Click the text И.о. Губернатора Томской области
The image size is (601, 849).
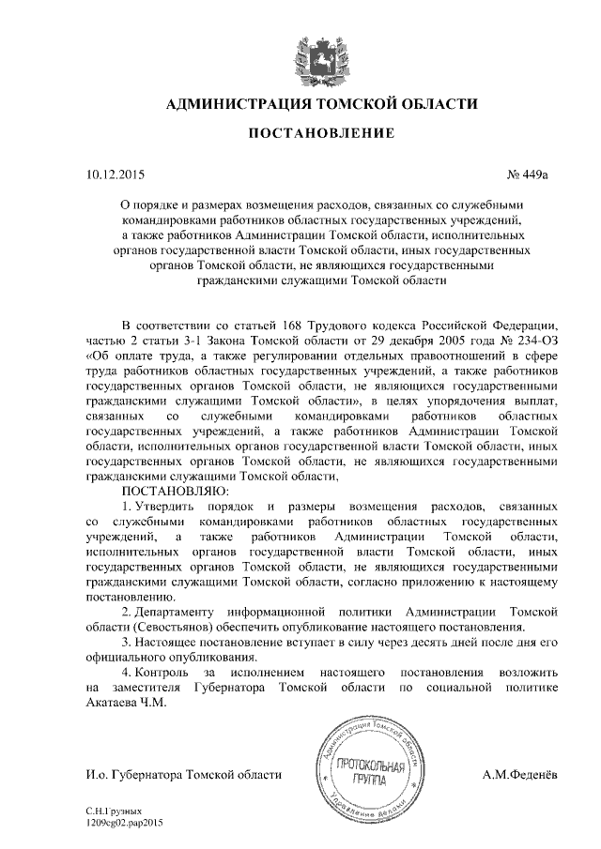tap(183, 775)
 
